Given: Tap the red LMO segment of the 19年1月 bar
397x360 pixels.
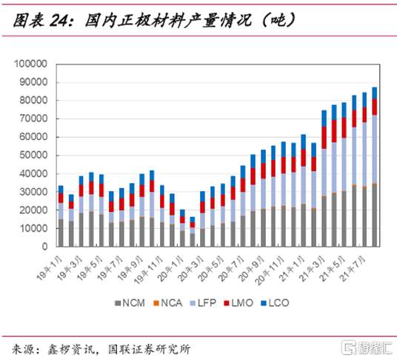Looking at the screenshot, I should click(61, 198).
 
